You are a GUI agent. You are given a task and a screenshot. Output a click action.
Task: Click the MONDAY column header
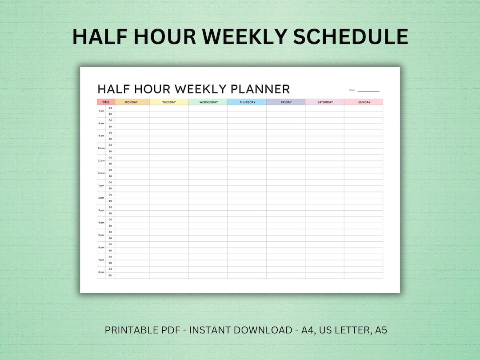(x=131, y=102)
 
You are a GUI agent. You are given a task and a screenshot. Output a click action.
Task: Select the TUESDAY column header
(x=169, y=102)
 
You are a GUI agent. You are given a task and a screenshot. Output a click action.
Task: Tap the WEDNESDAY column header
(x=208, y=102)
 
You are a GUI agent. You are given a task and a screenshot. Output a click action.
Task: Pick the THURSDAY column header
(x=247, y=102)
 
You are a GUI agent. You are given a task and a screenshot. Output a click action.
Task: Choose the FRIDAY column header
(x=286, y=102)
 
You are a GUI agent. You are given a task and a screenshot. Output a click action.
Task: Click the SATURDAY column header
(x=325, y=102)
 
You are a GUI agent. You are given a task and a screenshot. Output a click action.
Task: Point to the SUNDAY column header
(x=364, y=102)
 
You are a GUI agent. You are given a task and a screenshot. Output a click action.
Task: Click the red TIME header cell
(x=106, y=102)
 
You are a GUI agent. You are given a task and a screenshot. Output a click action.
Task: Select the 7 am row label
(x=101, y=111)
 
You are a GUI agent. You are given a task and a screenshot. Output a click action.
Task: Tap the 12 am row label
(x=101, y=173)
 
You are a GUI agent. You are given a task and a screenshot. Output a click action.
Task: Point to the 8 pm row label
(x=101, y=272)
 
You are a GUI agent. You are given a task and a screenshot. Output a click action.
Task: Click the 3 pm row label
(x=101, y=210)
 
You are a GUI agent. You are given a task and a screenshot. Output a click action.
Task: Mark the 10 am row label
(x=101, y=148)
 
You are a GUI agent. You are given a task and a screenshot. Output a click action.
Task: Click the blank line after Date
(x=368, y=90)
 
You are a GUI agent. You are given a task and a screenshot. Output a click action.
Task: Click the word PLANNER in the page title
(x=260, y=89)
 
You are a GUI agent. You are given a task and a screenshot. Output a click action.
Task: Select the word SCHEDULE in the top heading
(x=351, y=36)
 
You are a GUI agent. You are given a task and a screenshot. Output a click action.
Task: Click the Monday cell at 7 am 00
(x=132, y=108)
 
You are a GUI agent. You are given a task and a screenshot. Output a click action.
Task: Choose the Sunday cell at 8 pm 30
(x=364, y=276)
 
